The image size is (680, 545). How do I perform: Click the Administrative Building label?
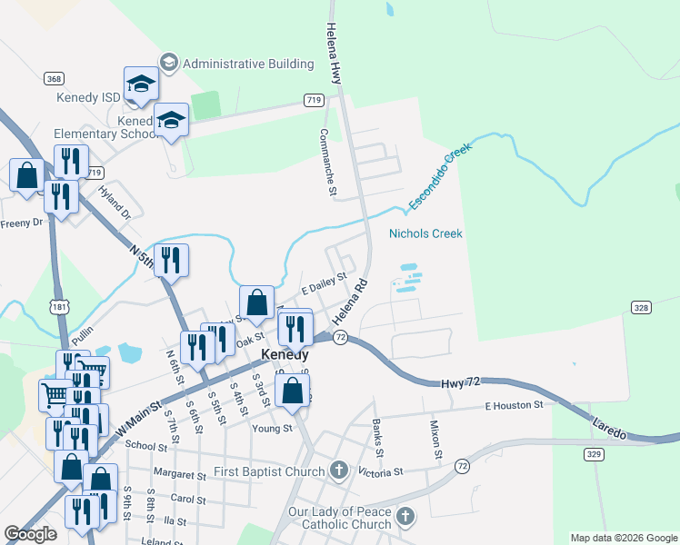(247, 64)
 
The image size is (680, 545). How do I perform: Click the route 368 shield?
(55, 79)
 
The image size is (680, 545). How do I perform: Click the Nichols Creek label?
(425, 233)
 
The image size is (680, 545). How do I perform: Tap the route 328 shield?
(642, 309)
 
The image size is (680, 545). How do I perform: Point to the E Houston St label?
(514, 405)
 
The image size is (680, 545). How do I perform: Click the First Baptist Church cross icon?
(339, 471)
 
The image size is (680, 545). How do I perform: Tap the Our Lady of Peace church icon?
(405, 518)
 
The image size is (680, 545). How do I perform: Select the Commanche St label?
(327, 162)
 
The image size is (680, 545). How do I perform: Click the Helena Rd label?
(348, 303)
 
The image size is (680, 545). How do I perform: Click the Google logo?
(31, 534)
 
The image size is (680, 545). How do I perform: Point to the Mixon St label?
(437, 439)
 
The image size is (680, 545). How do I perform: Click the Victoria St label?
(380, 472)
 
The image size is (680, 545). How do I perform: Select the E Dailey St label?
(325, 285)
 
